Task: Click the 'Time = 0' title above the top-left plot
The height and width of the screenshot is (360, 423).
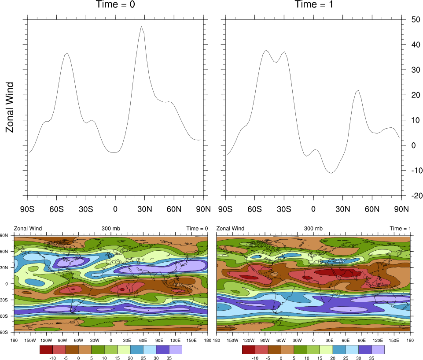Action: click(x=115, y=5)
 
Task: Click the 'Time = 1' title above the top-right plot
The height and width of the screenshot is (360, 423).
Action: click(x=313, y=5)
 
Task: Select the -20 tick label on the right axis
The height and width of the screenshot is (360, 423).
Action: click(x=414, y=196)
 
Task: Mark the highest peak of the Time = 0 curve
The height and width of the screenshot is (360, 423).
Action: click(x=141, y=26)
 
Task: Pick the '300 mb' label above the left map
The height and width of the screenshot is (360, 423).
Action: click(x=110, y=229)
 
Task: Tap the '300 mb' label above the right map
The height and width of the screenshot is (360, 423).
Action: click(x=313, y=229)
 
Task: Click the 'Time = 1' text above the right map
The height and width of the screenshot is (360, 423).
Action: click(x=400, y=229)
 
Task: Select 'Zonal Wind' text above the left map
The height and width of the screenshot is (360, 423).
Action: click(x=28, y=229)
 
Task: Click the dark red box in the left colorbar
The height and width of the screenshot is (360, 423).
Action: click(x=46, y=350)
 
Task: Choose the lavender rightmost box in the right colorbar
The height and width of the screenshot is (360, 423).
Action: click(x=378, y=350)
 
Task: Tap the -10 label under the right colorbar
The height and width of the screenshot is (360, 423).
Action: click(x=255, y=358)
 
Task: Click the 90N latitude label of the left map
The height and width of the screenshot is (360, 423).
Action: click(x=5, y=236)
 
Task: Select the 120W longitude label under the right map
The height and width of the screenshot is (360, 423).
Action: click(x=249, y=341)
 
